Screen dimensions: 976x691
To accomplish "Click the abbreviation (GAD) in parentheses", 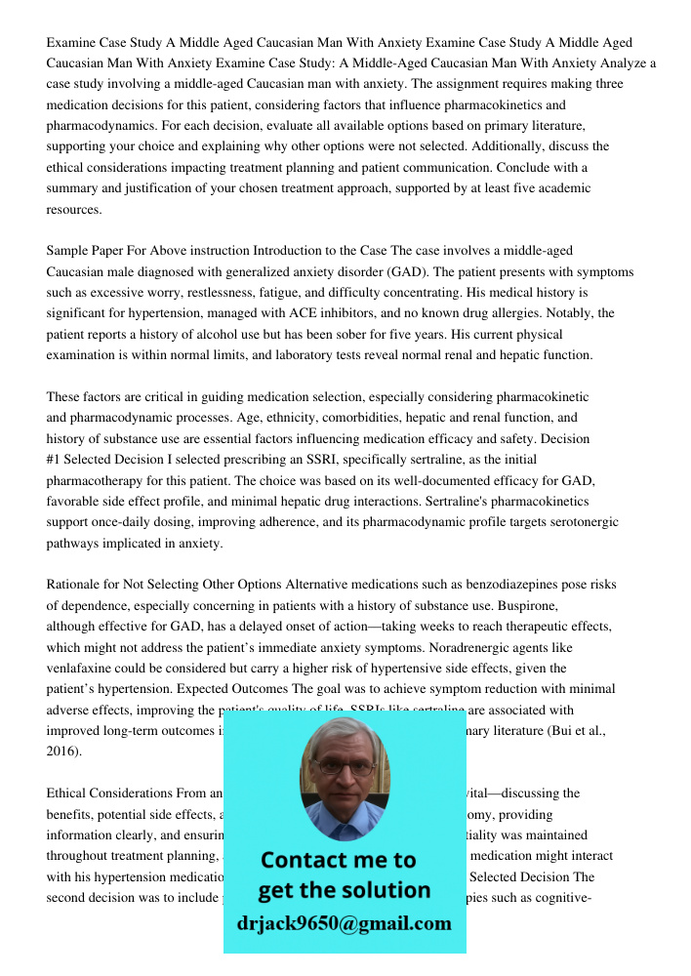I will coord(411,271).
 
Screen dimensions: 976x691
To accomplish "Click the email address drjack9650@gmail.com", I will coord(344,923).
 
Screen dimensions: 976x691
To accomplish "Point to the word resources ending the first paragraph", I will coord(73,210).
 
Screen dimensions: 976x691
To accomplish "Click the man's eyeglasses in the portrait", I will coord(345,767).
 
